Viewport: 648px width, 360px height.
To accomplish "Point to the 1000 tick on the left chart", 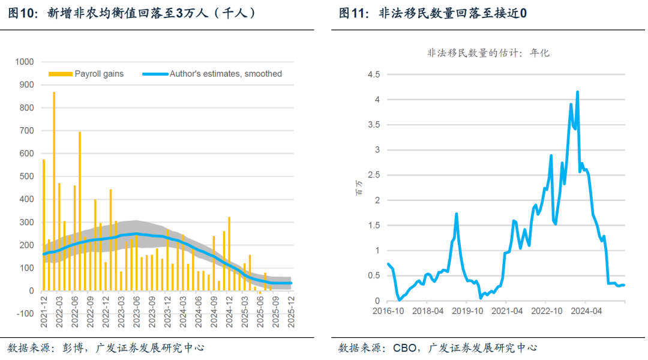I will click(25, 61).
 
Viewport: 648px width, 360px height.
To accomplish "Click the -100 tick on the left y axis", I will click(25, 314).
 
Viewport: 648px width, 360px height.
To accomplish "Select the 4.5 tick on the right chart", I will click(374, 74).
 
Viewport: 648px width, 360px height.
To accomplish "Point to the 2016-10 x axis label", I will click(388, 311).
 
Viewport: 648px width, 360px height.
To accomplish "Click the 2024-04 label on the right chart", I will click(586, 311).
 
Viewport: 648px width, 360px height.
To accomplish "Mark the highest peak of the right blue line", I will click(577, 92).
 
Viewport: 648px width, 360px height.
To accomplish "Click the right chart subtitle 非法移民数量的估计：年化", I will click(488, 53).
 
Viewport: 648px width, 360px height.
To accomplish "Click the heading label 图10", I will click(20, 13).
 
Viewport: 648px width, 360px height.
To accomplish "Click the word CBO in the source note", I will click(404, 347).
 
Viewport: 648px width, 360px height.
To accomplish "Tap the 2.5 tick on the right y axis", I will click(374, 175).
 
